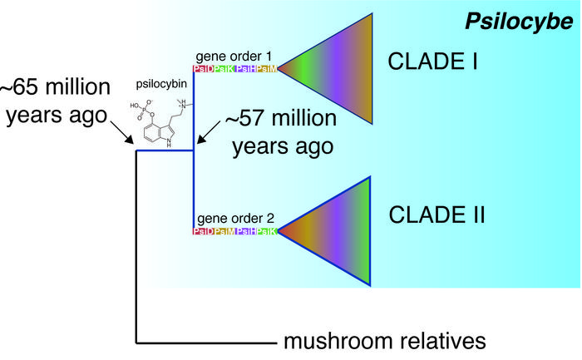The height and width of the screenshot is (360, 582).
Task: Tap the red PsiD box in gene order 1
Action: [203, 68]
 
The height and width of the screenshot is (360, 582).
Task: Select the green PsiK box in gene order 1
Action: [224, 68]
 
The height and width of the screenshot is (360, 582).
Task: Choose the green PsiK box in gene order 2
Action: [267, 231]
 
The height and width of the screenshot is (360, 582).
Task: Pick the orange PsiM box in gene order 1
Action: [267, 68]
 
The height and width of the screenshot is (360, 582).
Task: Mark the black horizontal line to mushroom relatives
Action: [208, 342]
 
